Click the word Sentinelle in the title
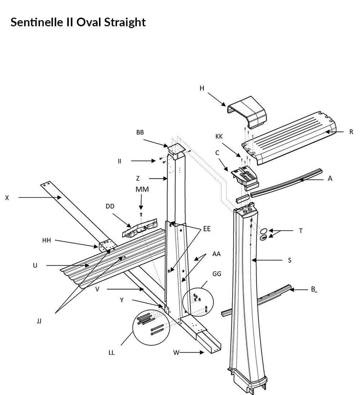[37, 22]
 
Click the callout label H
[202, 89]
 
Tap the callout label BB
[140, 133]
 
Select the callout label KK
[219, 135]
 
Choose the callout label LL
[111, 352]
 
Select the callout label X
[6, 197]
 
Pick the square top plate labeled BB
[175, 149]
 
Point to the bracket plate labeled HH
[107, 246]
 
